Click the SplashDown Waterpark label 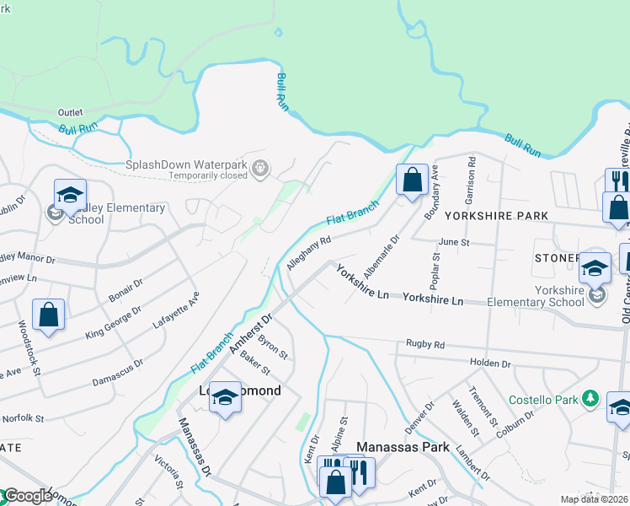tap(190, 164)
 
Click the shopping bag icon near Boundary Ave tap(412, 180)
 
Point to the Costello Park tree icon tap(591, 397)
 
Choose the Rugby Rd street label tap(424, 344)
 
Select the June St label tap(453, 241)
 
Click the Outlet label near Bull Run tap(71, 112)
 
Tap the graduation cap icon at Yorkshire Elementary tap(595, 268)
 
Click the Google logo tap(29, 497)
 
